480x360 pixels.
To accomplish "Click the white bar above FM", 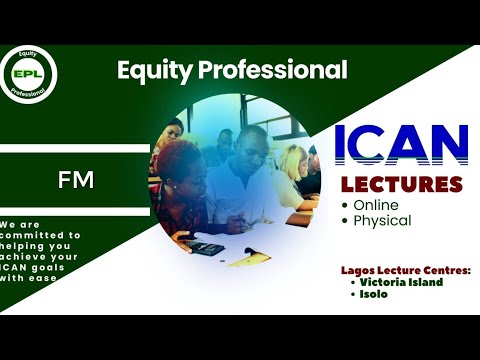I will click(x=75, y=148).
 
